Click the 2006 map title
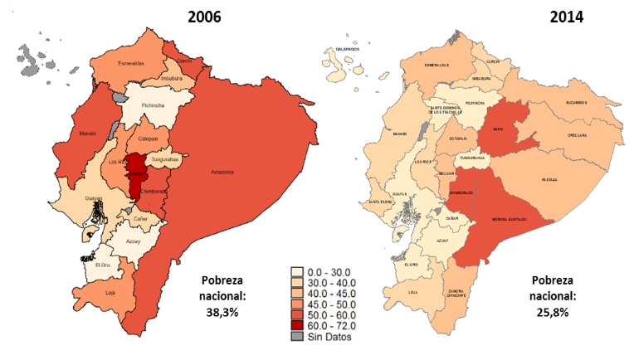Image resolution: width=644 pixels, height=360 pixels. [x=204, y=15]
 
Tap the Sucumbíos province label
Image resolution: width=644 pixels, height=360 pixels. [x=572, y=101]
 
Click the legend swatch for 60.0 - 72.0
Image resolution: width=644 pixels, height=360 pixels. [x=295, y=326]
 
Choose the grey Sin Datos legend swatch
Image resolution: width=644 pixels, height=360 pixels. [x=295, y=337]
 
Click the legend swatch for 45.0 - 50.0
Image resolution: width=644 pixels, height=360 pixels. [x=295, y=304]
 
